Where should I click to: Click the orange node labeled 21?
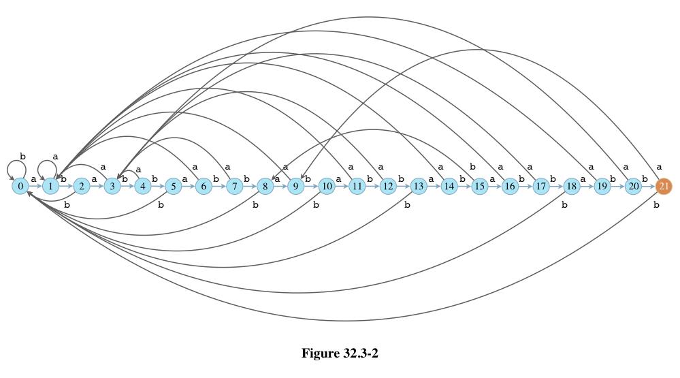[664, 185]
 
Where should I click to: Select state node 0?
[20, 185]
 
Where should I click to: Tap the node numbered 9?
[295, 185]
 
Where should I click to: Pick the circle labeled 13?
[418, 185]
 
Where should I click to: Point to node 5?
[174, 185]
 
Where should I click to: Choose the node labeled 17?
[540, 185]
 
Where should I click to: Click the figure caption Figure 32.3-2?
[339, 353]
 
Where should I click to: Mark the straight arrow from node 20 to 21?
[649, 185]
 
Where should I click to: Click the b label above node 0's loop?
[22, 156]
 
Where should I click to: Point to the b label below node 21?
[656, 205]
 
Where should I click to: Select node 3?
[112, 185]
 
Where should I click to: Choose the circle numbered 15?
[479, 185]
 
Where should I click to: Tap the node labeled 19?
[602, 185]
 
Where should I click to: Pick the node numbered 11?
[357, 185]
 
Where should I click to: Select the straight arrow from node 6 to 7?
[218, 185]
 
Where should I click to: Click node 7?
[234, 185]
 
